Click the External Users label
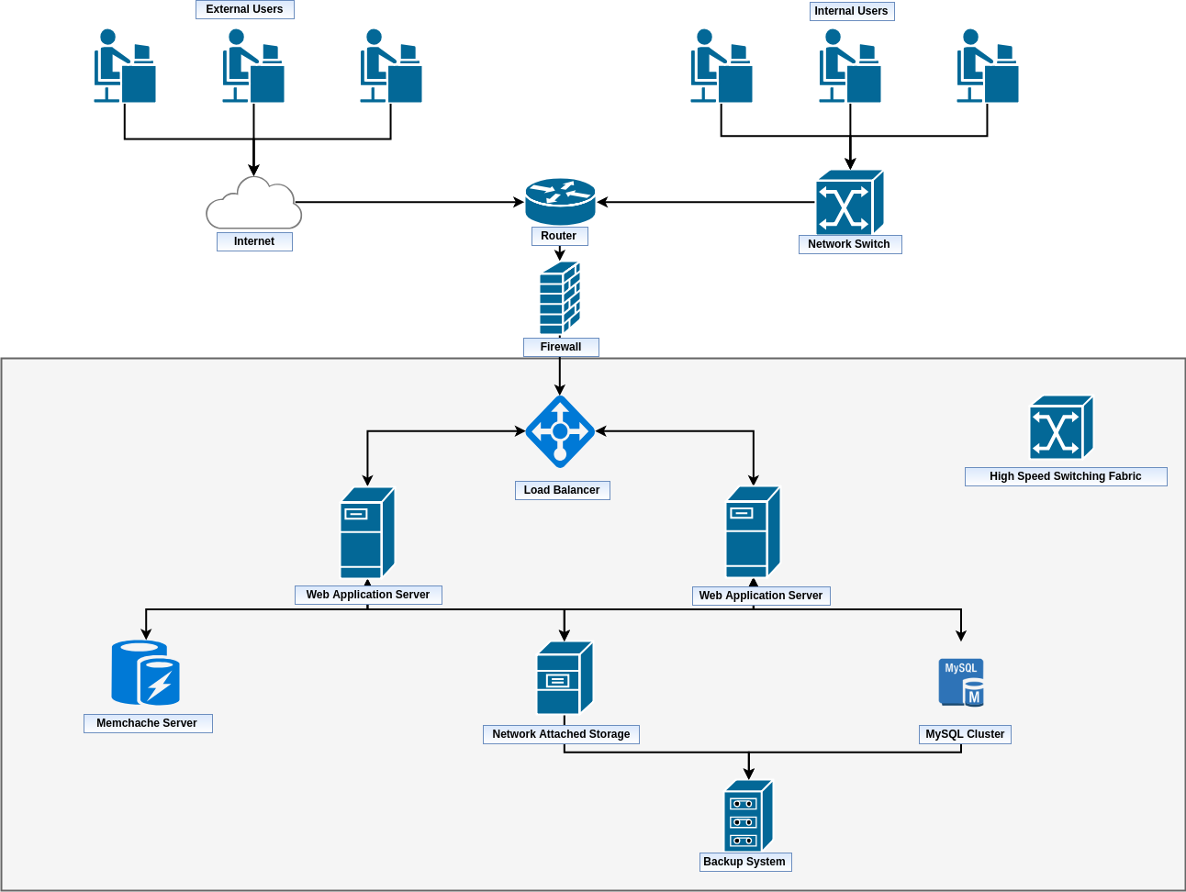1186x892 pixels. pyautogui.click(x=244, y=9)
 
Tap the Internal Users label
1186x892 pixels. pyautogui.click(x=851, y=11)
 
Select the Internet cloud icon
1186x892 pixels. pyautogui.click(x=254, y=205)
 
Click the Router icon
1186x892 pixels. pyautogui.click(x=560, y=202)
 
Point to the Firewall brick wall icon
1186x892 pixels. pyautogui.click(x=560, y=298)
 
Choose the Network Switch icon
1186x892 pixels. pyautogui.click(x=849, y=202)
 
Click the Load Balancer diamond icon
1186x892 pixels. pyautogui.click(x=560, y=431)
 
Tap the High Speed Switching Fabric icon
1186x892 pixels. pyautogui.click(x=1061, y=428)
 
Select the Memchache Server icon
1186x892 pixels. pyautogui.click(x=145, y=673)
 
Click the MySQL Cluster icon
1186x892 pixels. pyautogui.click(x=961, y=682)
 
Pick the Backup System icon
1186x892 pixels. pyautogui.click(x=748, y=816)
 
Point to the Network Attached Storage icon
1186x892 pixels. pyautogui.click(x=565, y=678)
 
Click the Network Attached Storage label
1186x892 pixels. pyautogui.click(x=561, y=734)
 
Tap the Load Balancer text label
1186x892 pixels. pyautogui.click(x=562, y=490)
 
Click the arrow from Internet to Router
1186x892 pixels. pyautogui.click(x=408, y=202)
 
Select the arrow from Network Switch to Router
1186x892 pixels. pyautogui.click(x=707, y=202)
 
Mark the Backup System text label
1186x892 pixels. pyautogui.click(x=744, y=862)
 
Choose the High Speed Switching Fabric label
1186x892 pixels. pyautogui.click(x=1065, y=476)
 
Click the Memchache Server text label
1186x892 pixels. pyautogui.click(x=147, y=723)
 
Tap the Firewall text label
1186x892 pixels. pyautogui.click(x=561, y=347)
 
